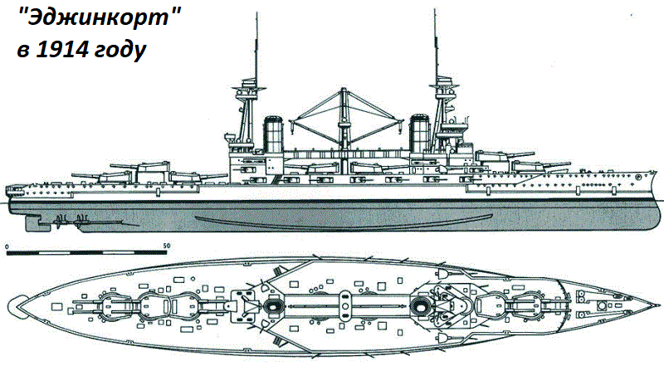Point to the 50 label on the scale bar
[x=166, y=246]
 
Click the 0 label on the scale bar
[x=7, y=246]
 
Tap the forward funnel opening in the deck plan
[x=419, y=307]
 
